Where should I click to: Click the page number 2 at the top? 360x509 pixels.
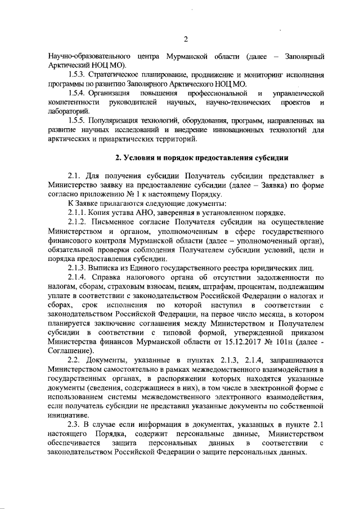pyautogui.click(x=186, y=39)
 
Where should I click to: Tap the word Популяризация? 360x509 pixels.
pyautogui.click(x=121, y=121)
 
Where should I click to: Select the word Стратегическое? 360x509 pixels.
pyautogui.click(x=120, y=74)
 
